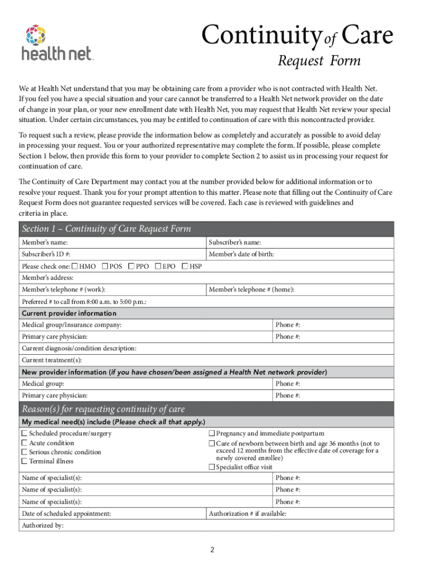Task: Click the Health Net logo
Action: coord(57,42)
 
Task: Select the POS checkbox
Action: coord(105,266)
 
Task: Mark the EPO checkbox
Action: coord(158,266)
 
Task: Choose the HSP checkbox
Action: coord(185,266)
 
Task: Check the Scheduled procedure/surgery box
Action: coord(24,434)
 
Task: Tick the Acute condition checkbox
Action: coord(24,443)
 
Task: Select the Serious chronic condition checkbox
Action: coord(24,452)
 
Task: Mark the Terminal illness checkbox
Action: coord(24,461)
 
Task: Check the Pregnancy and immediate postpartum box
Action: coord(211,434)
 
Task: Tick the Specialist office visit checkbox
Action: coord(211,467)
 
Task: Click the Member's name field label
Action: coord(45,243)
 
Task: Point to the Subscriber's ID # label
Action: coord(46,254)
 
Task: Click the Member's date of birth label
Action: coord(241,254)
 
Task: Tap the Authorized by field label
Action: coord(42,525)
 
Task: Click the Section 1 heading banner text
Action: coord(106,229)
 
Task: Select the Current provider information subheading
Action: coord(69,313)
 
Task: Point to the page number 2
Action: coord(211,550)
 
